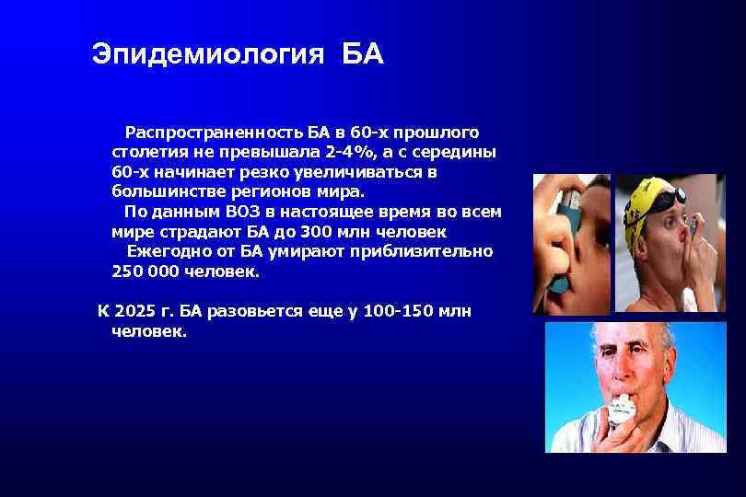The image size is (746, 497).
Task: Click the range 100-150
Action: pyautogui.click(x=399, y=311)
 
